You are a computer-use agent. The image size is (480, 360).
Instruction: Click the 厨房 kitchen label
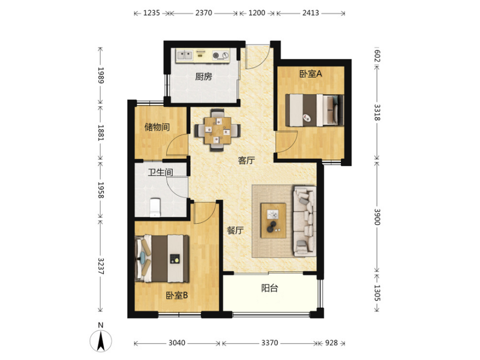point(203,76)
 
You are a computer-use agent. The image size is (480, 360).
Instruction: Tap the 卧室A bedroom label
point(311,74)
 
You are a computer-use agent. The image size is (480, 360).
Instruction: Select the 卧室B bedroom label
point(177,295)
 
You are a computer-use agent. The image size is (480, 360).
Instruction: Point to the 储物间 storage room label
point(157,127)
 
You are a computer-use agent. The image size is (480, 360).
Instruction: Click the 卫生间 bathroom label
point(160,172)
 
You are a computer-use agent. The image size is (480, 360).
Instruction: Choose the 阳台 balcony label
point(269,288)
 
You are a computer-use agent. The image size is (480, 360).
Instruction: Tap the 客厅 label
point(247,160)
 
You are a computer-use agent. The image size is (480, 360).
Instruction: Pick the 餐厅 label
point(235,230)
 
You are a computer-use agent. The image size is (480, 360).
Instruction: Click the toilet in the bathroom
point(155,208)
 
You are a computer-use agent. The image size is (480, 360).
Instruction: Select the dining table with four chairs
point(218,130)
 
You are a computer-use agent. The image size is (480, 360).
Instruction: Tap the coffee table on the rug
point(274,220)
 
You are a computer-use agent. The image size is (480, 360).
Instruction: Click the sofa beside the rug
point(304,221)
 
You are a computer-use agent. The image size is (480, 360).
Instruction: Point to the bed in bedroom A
point(314,110)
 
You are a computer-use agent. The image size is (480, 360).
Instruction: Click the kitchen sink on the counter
point(184,55)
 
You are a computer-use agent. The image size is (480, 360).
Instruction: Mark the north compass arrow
point(101,341)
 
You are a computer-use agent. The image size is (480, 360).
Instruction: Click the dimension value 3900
point(377,217)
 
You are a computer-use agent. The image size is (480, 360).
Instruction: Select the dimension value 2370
point(203,13)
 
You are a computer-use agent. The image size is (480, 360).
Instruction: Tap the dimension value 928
point(331,343)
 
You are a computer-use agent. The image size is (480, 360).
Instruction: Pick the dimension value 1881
point(101,133)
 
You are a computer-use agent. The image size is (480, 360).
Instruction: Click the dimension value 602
point(377,56)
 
